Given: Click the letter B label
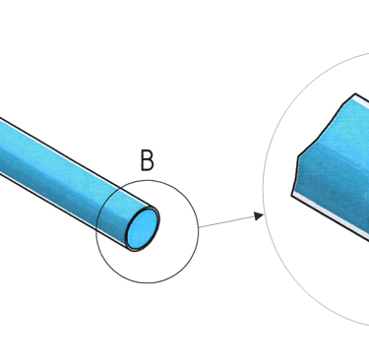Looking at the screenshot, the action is (x=147, y=160).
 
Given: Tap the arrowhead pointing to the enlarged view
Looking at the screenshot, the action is (x=259, y=216).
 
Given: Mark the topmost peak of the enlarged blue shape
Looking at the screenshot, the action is (x=355, y=94).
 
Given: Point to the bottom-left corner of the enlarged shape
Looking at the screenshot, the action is (x=292, y=195).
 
